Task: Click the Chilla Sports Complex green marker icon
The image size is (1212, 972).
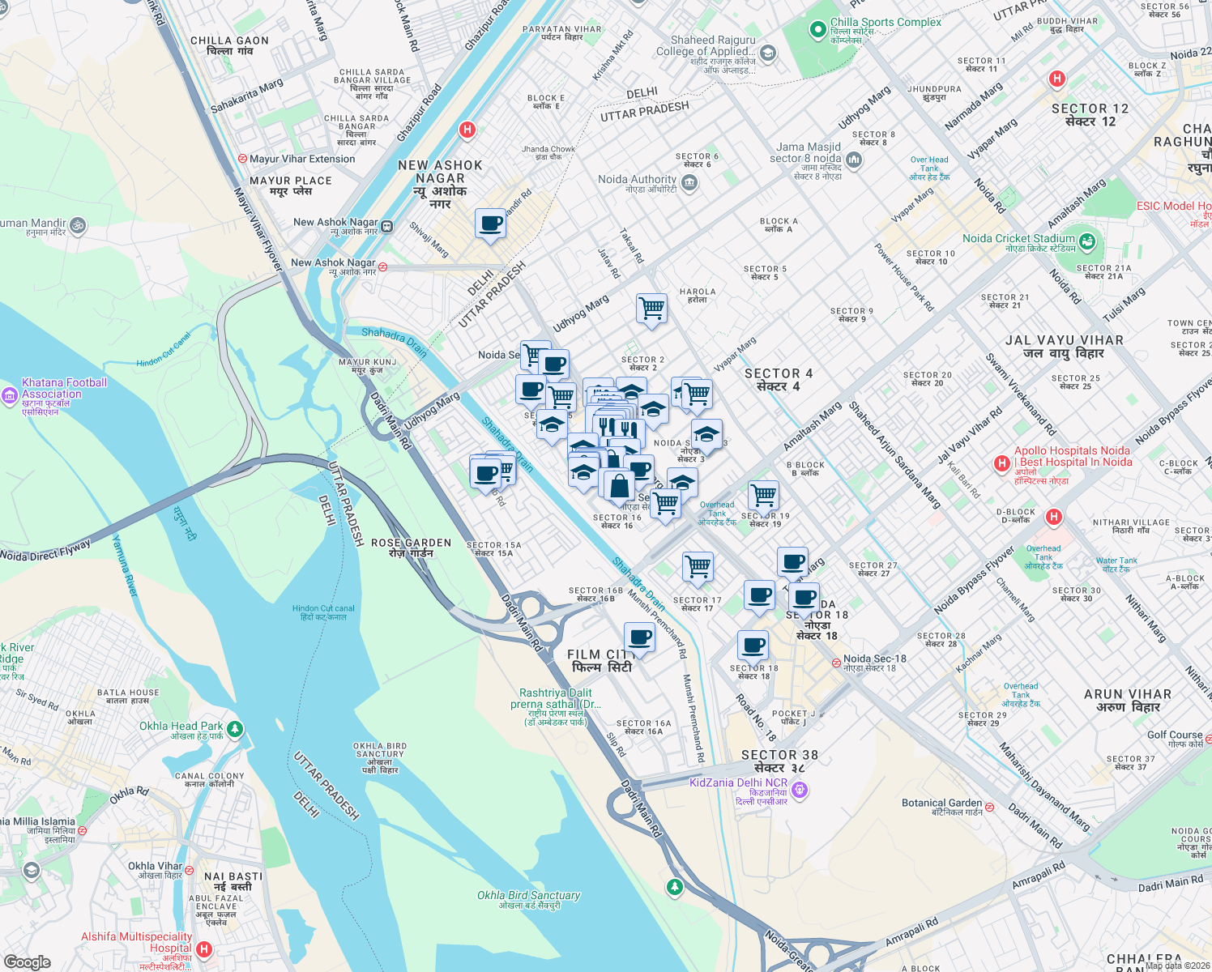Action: [x=817, y=30]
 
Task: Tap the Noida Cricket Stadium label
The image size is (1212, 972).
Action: [x=1018, y=239]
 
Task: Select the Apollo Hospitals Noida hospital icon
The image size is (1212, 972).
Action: [x=1001, y=463]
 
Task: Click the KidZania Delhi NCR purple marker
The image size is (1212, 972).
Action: [x=800, y=789]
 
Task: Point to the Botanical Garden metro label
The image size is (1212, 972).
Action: [x=942, y=804]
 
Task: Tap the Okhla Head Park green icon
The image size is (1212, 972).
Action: [x=235, y=729]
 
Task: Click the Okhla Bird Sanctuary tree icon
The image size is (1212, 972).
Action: [x=674, y=887]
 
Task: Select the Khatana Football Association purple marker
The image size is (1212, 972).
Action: [x=10, y=395]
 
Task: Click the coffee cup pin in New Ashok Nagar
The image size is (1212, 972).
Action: [x=490, y=223]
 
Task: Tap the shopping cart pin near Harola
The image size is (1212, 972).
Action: [x=651, y=309]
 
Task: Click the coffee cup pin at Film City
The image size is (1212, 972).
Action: [x=639, y=637]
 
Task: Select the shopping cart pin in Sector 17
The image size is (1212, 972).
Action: [x=698, y=566]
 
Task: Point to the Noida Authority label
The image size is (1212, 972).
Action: [x=637, y=180]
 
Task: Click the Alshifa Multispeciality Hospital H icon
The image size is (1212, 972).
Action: [x=204, y=949]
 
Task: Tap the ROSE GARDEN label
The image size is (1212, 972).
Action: [x=411, y=544]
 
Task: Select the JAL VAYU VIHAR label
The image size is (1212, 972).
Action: [x=1064, y=341]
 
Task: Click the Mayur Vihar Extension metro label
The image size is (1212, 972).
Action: [x=301, y=160]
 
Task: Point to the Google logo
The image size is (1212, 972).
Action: [x=27, y=961]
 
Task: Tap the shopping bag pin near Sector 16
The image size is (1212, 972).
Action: [x=619, y=485]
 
